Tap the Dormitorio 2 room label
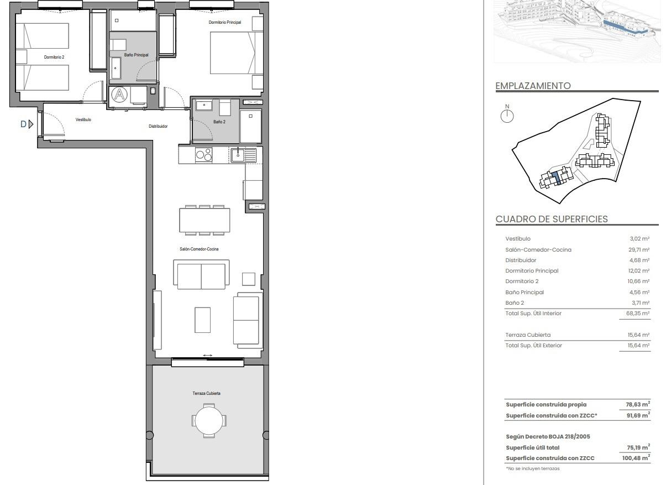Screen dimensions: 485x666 click(54, 57)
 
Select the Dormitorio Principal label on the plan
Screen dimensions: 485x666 click(224, 22)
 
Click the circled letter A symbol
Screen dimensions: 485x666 click(119, 95)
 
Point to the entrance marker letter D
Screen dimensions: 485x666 click(23, 124)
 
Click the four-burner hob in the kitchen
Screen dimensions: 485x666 click(203, 155)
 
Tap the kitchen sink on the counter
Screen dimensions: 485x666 click(239, 155)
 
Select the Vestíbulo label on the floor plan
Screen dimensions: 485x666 click(83, 119)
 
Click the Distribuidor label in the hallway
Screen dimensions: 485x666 click(158, 126)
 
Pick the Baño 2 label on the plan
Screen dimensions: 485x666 click(219, 122)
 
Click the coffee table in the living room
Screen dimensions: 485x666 click(203, 320)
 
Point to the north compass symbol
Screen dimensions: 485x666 click(507, 116)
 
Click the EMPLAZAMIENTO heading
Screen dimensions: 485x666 click(533, 86)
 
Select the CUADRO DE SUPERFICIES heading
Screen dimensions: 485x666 click(552, 219)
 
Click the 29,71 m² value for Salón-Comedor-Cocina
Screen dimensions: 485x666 click(639, 249)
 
